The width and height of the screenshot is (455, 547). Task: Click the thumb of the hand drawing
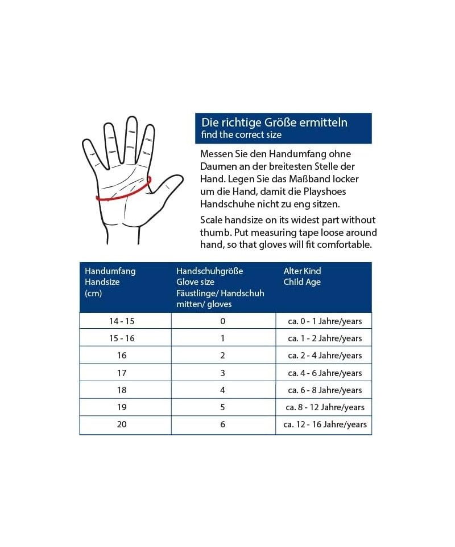point(167,190)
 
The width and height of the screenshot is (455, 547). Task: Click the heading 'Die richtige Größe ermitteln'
point(274,123)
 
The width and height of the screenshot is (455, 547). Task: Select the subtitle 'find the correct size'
point(241,134)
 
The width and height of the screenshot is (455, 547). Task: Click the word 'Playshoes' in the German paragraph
point(324,191)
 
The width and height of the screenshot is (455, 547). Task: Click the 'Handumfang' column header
point(110,271)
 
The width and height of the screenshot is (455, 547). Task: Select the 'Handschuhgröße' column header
point(209,271)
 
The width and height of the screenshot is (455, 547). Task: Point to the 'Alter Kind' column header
point(302,271)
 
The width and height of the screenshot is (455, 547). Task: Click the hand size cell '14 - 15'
point(122,321)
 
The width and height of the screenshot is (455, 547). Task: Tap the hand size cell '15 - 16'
point(122,338)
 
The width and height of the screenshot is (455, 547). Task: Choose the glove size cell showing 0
point(223,321)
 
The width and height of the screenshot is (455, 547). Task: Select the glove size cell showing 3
point(223,373)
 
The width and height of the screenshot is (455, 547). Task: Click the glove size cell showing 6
point(223,424)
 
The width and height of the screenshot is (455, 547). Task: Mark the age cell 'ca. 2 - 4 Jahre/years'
point(325,356)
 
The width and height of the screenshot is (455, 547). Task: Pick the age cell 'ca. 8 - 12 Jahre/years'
point(325,407)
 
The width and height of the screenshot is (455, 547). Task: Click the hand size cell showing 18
point(122,390)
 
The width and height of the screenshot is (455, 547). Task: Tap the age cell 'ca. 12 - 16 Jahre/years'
point(325,424)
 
